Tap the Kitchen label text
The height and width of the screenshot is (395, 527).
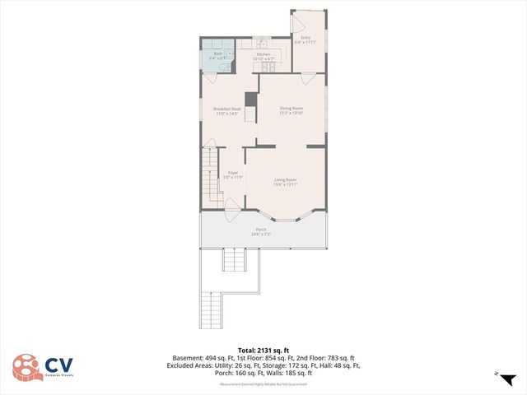pyautogui.click(x=263, y=54)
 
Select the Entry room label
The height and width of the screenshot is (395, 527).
pyautogui.click(x=305, y=37)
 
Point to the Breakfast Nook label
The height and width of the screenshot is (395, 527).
pyautogui.click(x=226, y=109)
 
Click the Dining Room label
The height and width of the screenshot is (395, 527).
pyautogui.click(x=291, y=109)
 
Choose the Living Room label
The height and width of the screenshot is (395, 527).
pyautogui.click(x=285, y=180)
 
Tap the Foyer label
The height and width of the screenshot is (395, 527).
pyautogui.click(x=233, y=173)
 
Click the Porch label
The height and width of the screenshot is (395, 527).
pyautogui.click(x=261, y=230)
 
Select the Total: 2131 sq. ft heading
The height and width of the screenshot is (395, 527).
pyautogui.click(x=263, y=349)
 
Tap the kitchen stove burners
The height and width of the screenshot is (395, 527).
pyautogui.click(x=267, y=65)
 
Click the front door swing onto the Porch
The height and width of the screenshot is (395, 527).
pyautogui.click(x=233, y=211)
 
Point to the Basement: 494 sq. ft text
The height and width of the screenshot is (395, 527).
pyautogui.click(x=203, y=358)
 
